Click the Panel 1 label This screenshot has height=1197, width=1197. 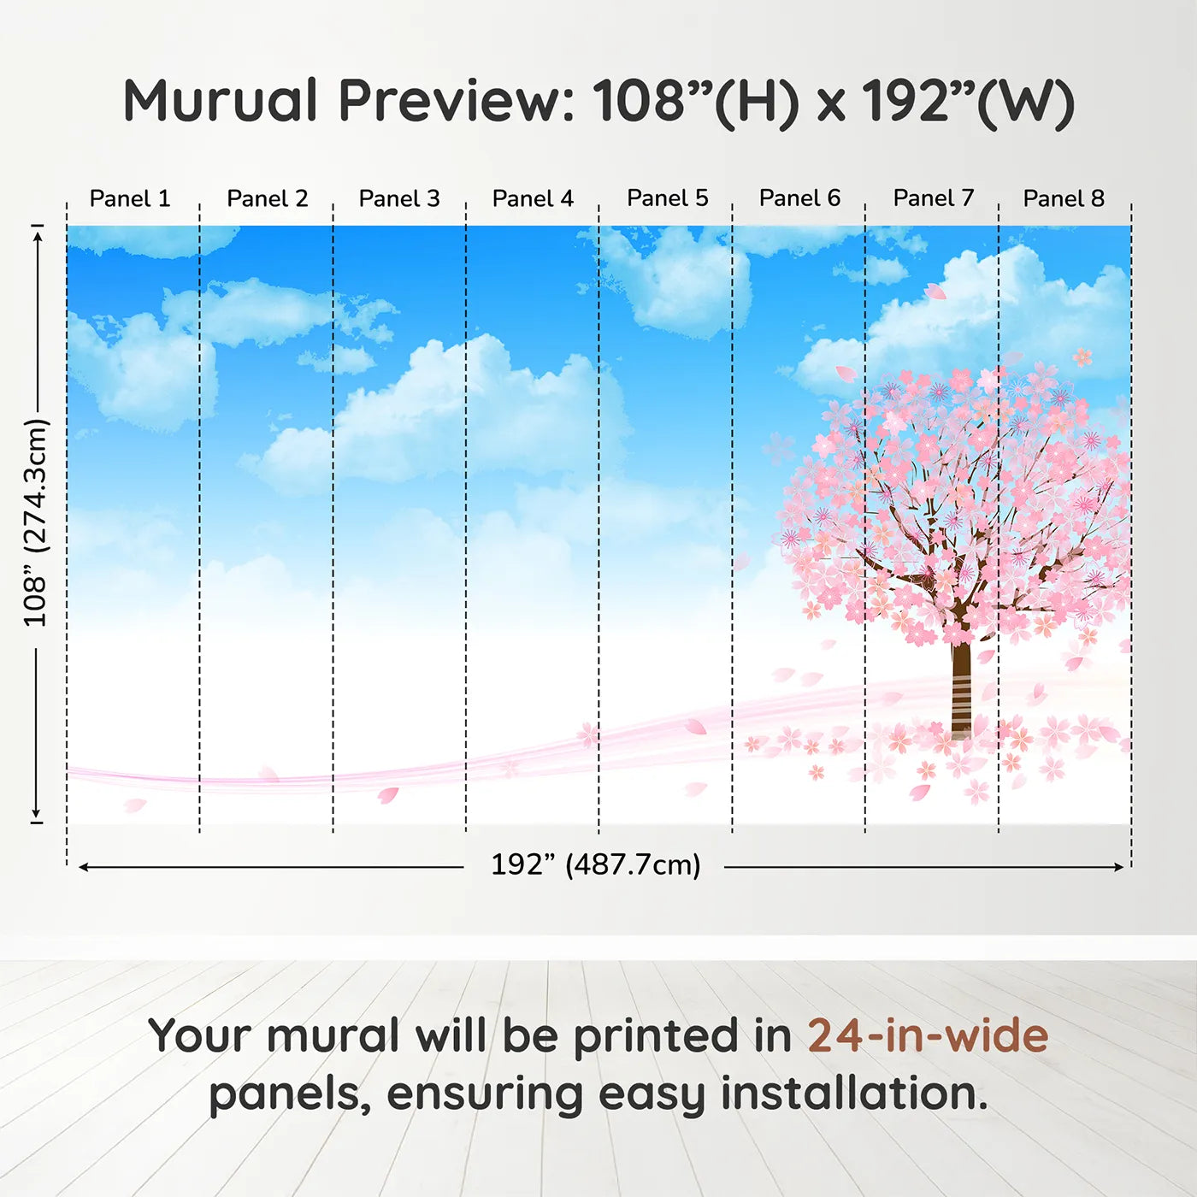(130, 198)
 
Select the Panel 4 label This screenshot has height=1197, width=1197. (533, 198)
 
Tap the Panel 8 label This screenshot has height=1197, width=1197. (1064, 198)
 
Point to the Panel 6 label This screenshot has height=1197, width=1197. (799, 198)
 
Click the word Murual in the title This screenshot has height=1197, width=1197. (221, 101)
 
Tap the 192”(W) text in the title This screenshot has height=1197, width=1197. (967, 101)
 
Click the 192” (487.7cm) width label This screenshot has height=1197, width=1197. (595, 864)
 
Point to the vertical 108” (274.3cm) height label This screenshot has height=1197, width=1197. (36, 522)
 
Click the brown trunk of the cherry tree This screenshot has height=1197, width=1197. (962, 684)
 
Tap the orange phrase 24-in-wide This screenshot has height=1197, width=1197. (928, 1035)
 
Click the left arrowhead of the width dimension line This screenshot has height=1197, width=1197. (84, 867)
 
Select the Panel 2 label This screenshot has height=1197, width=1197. (267, 198)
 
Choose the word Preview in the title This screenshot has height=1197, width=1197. (456, 101)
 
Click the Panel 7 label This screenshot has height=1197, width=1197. (933, 198)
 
